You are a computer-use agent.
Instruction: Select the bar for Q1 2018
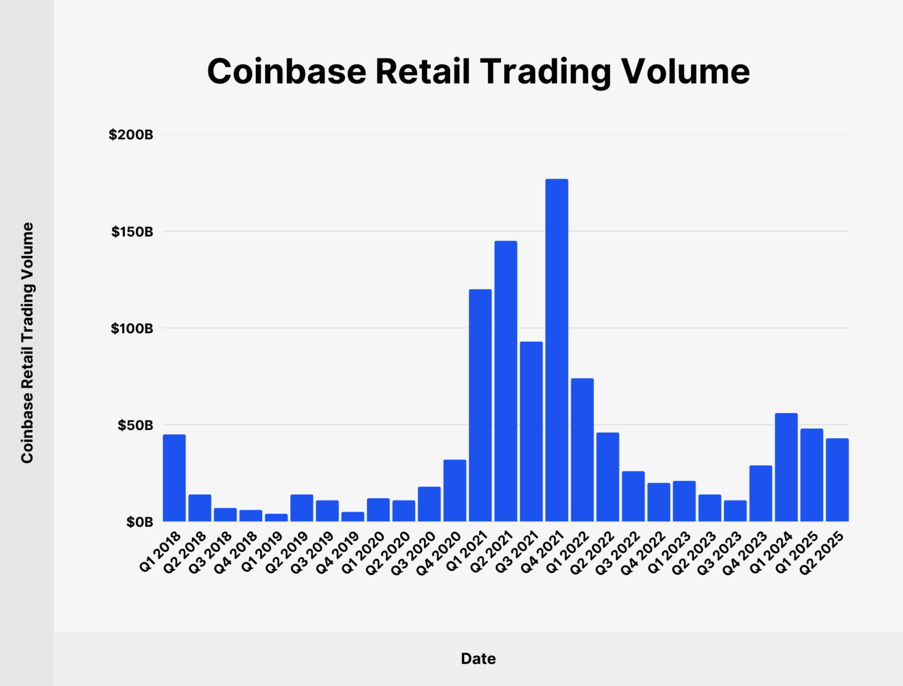(x=174, y=478)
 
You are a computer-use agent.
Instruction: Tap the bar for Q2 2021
(x=505, y=381)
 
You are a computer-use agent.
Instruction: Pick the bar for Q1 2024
(x=786, y=467)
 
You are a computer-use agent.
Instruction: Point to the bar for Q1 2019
(x=276, y=517)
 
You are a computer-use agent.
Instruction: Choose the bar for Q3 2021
(x=531, y=431)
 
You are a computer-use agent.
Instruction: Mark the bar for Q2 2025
(x=837, y=480)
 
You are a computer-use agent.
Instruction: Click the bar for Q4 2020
(x=455, y=490)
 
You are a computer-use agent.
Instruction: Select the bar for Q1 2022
(x=582, y=450)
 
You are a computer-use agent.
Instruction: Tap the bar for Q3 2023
(x=735, y=510)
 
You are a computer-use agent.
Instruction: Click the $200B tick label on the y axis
(x=130, y=135)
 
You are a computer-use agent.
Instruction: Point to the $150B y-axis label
(x=132, y=232)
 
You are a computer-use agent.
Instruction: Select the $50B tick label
(x=135, y=426)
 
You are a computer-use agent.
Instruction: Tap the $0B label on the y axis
(x=139, y=522)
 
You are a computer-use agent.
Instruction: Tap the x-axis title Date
(x=478, y=658)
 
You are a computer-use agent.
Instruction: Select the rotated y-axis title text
(x=27, y=343)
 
